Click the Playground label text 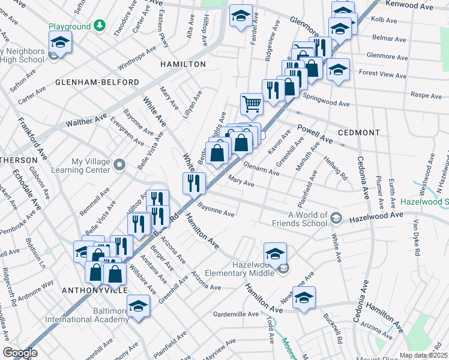[x=69, y=27]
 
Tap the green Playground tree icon [x=100, y=26]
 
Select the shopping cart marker [x=252, y=103]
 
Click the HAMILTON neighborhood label [x=182, y=64]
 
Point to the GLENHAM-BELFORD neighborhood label [x=97, y=82]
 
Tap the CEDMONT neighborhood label [x=359, y=133]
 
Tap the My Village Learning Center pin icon [x=119, y=164]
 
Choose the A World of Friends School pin [x=336, y=217]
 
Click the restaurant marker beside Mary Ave [x=194, y=182]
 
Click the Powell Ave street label [x=315, y=134]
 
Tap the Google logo [x=20, y=353]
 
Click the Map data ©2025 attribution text [x=424, y=355]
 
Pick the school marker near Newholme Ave [x=304, y=296]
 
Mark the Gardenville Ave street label [x=235, y=314]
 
